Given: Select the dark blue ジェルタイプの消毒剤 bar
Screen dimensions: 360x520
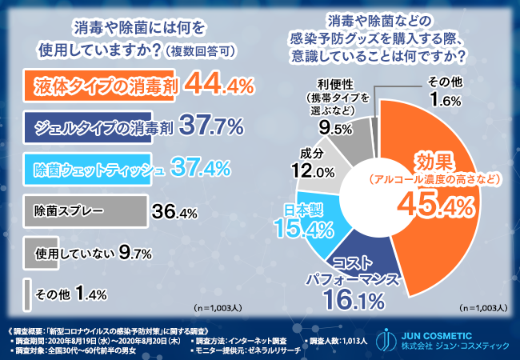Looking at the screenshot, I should pyautogui.click(x=97, y=126).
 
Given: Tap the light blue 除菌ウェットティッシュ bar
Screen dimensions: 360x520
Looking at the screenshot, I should pyautogui.click(x=96, y=169).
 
